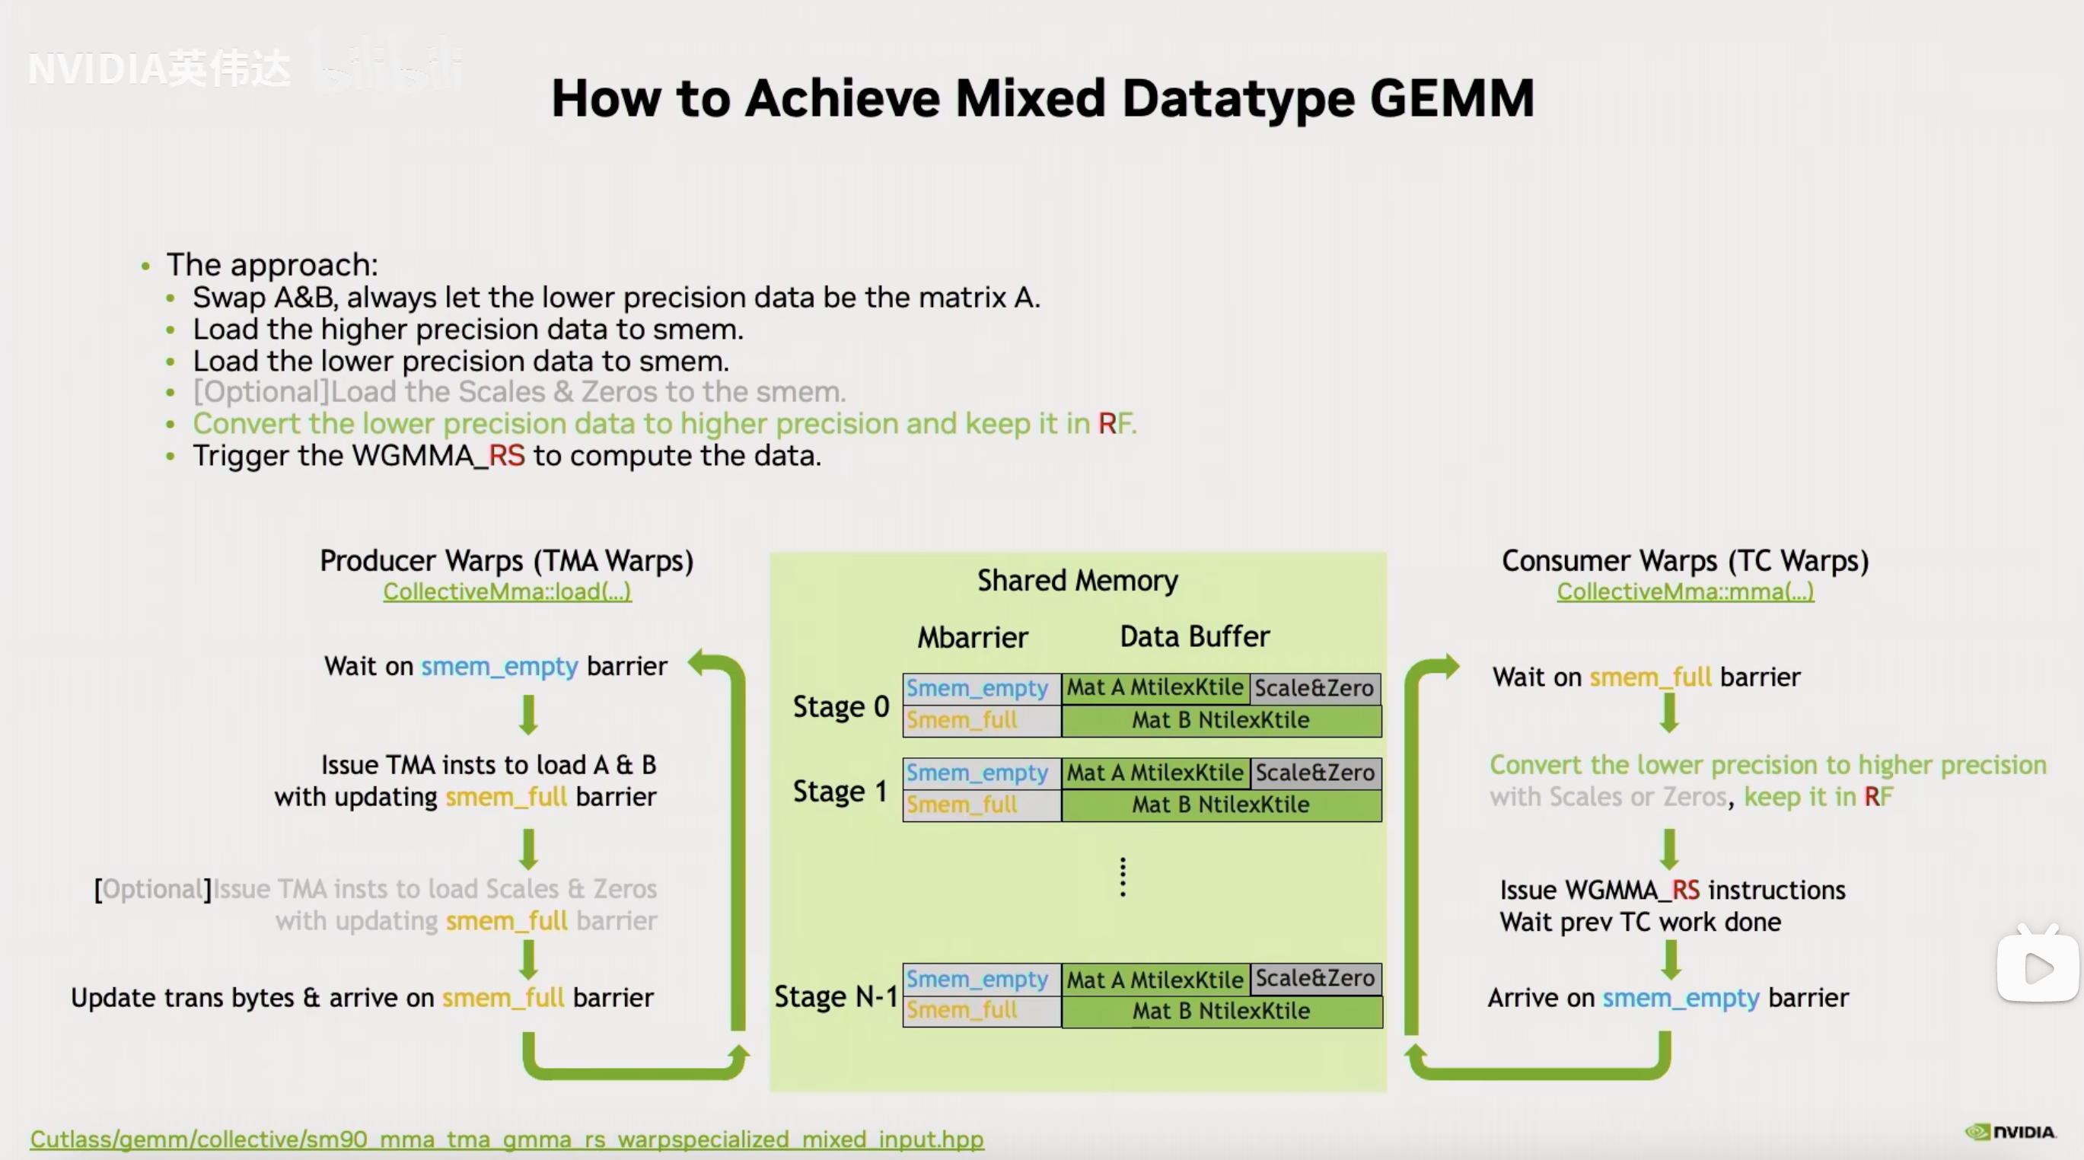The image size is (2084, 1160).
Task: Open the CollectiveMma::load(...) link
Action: [507, 591]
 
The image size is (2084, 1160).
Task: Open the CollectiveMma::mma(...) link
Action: [1685, 591]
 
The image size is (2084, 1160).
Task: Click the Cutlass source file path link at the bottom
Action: [507, 1138]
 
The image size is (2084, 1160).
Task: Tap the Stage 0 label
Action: [840, 706]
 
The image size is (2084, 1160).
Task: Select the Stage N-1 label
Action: [836, 996]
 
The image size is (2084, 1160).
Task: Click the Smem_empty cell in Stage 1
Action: [981, 773]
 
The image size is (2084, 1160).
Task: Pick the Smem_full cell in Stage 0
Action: [981, 720]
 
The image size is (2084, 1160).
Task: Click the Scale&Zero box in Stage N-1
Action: [1315, 979]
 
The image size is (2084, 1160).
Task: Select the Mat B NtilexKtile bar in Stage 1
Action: [1222, 805]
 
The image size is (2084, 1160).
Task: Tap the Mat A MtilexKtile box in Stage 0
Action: [1155, 687]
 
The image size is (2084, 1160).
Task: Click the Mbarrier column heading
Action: [973, 637]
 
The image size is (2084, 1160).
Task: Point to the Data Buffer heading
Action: [1195, 636]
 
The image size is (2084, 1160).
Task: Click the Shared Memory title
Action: [1078, 580]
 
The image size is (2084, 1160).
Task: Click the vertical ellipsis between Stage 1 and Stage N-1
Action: [1123, 877]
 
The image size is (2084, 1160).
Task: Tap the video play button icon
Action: [2037, 967]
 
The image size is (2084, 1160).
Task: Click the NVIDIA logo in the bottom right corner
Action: [2010, 1132]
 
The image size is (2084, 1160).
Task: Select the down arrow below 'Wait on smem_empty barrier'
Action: [528, 714]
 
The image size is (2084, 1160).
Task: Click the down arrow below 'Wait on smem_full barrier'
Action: [1669, 713]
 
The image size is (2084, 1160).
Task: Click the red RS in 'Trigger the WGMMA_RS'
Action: [507, 455]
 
